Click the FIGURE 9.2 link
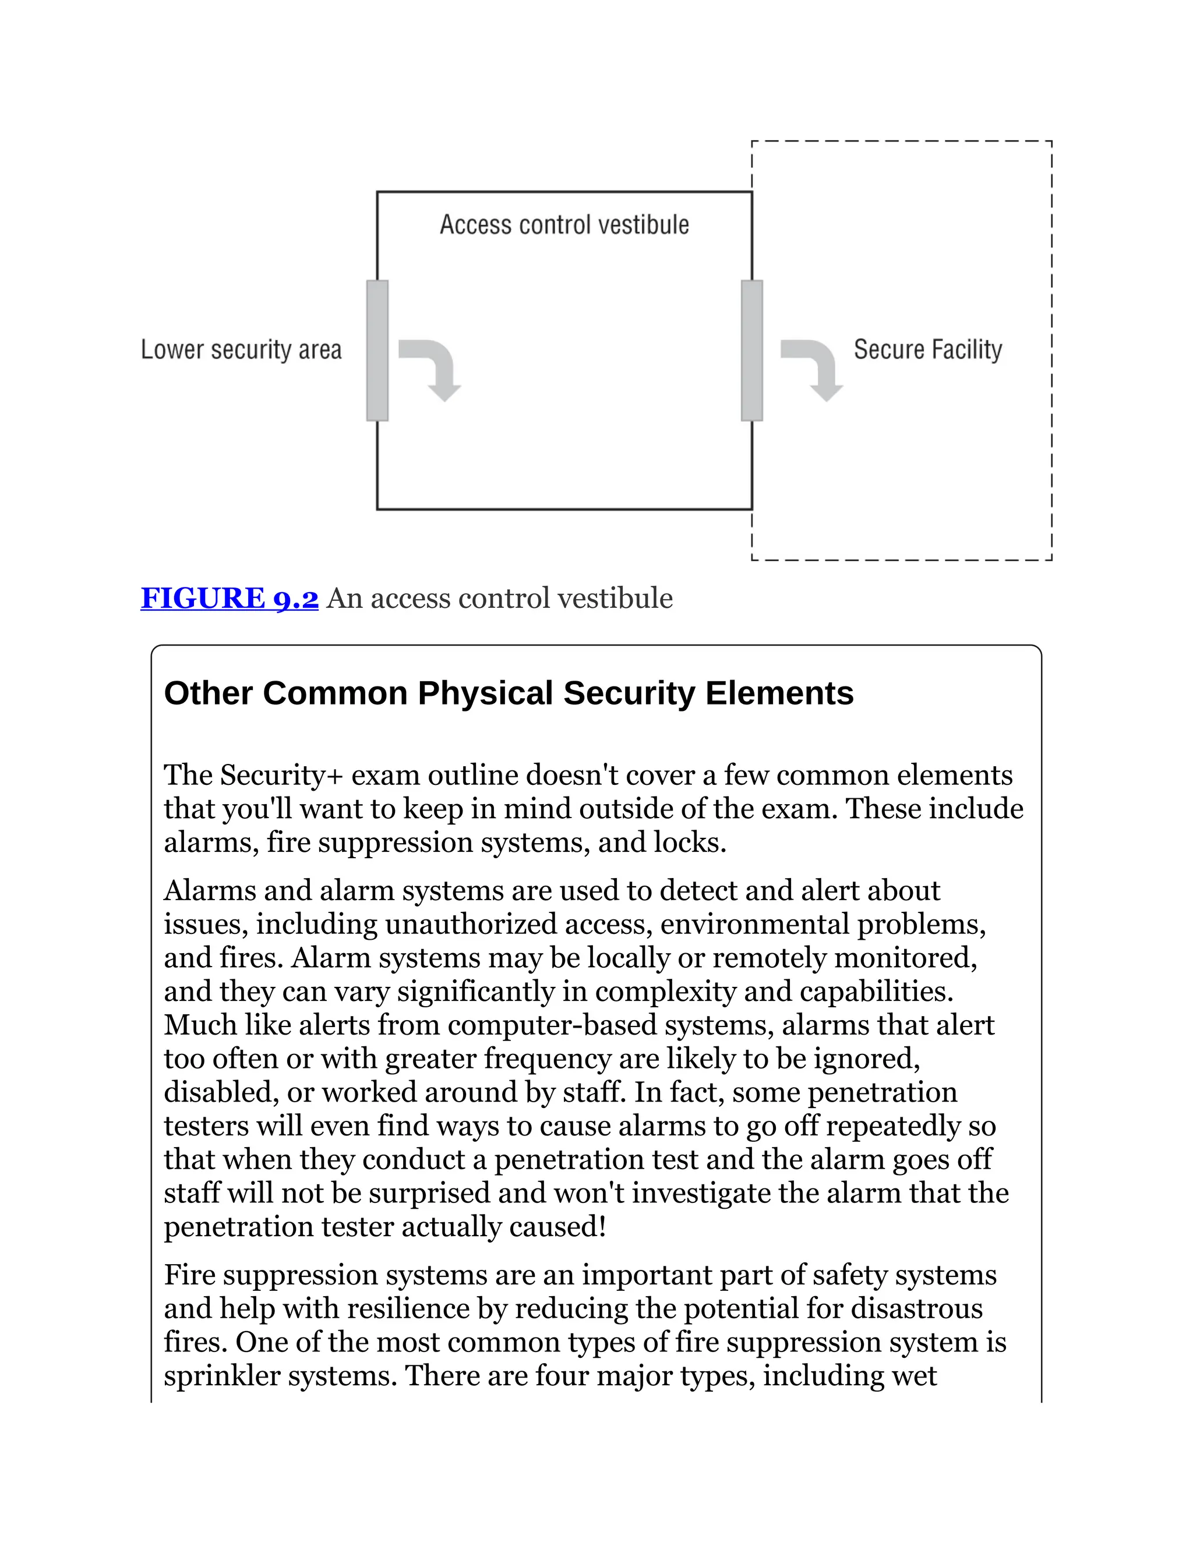[x=229, y=599]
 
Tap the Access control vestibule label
[x=564, y=225]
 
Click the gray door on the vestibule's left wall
[x=377, y=351]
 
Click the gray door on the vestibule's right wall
[x=752, y=351]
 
